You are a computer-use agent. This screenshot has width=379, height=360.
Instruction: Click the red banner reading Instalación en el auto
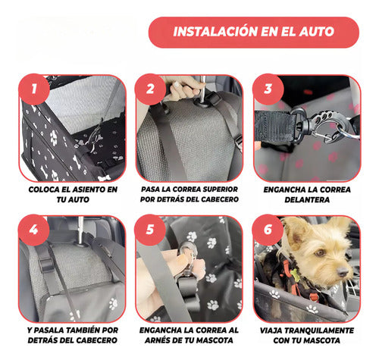(254, 33)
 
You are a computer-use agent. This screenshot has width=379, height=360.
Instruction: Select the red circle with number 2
(150, 89)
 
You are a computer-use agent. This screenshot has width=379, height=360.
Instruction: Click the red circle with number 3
(268, 89)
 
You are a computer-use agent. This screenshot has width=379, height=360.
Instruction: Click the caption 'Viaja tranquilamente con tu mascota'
(307, 335)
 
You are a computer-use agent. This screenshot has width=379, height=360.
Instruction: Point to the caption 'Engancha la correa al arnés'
(189, 335)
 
